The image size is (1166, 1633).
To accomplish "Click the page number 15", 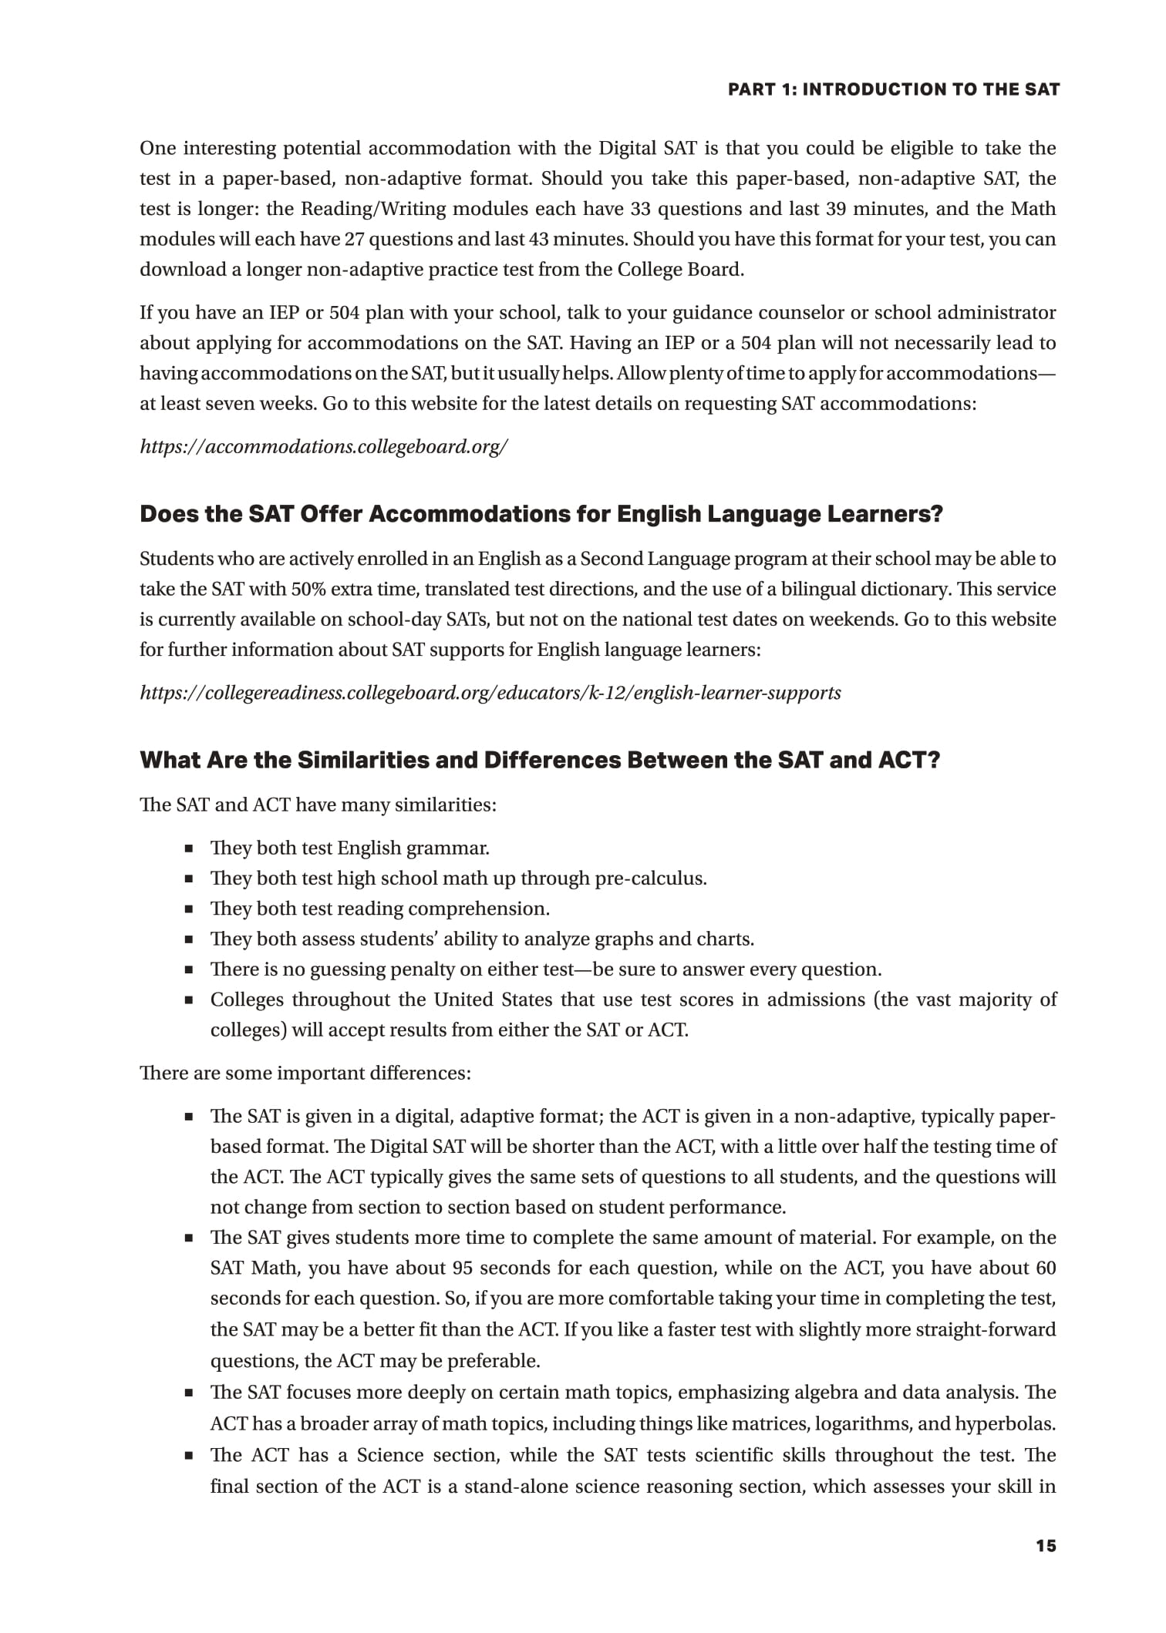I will pos(1046,1545).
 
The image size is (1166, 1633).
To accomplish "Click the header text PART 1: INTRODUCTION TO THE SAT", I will pos(894,89).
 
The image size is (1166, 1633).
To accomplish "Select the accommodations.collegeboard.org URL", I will pos(323,446).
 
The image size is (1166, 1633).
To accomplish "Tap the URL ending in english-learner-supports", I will pos(490,693).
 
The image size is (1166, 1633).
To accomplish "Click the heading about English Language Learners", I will pos(541,514).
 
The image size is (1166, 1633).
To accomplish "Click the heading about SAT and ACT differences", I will pos(539,761).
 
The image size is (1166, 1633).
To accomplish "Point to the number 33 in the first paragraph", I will pos(641,209).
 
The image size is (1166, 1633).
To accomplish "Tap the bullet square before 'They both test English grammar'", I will pos(188,849).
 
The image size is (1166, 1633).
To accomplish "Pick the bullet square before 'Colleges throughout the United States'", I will pos(188,1001).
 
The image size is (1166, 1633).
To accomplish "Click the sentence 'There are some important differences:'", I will pos(305,1073).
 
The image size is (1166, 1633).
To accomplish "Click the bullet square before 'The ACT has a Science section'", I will pos(188,1457).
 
